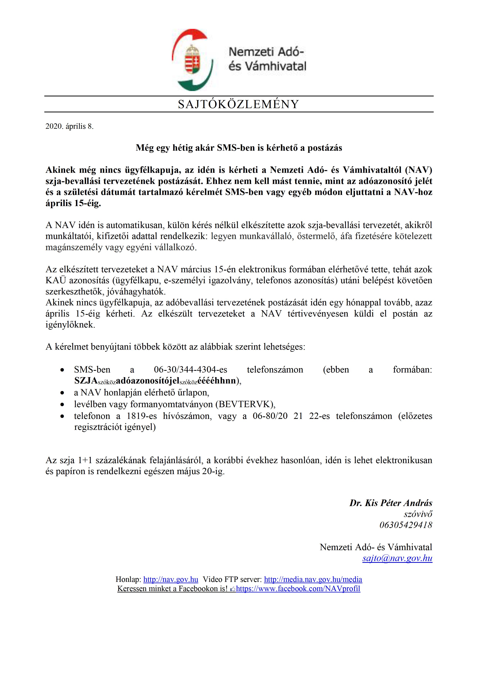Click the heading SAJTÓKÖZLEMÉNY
tap(238, 104)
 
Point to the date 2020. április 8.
tap(70, 126)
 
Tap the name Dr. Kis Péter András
tap(391, 503)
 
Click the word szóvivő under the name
tap(418, 514)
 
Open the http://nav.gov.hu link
tap(171, 579)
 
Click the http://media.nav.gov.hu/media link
tap(313, 579)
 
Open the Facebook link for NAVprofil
tap(298, 589)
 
